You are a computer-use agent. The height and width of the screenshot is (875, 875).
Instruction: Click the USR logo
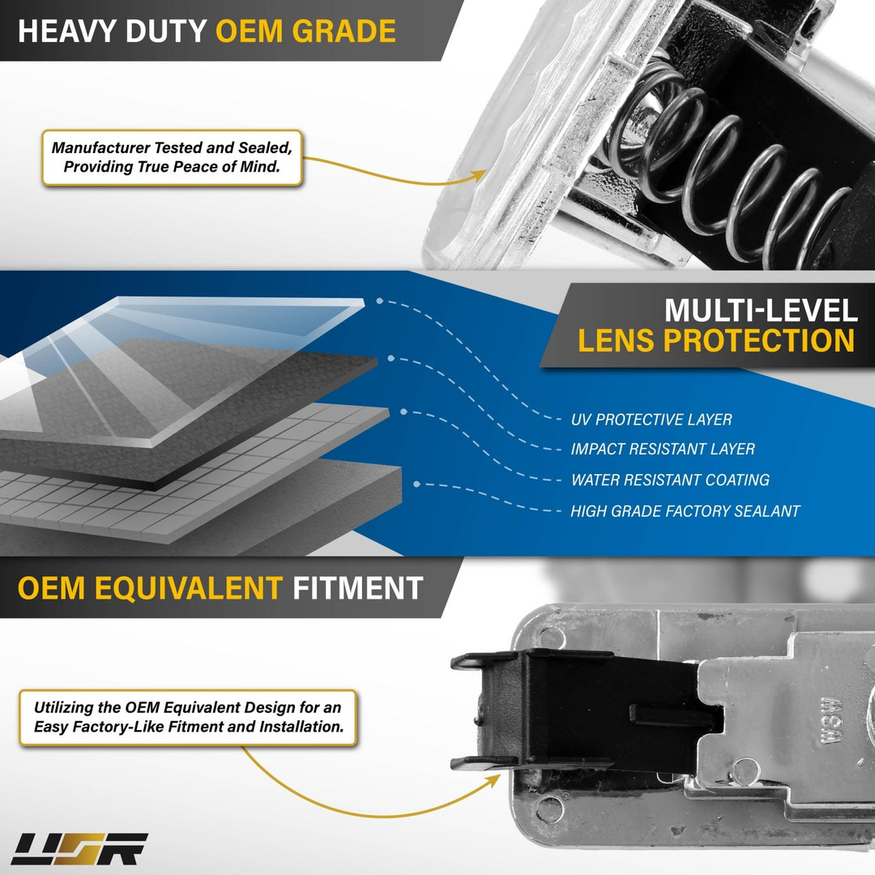click(79, 849)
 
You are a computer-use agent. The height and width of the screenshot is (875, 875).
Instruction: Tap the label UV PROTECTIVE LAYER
click(651, 420)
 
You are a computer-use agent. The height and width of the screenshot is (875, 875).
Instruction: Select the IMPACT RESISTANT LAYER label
click(663, 449)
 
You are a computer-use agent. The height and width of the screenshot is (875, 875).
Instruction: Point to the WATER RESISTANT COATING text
click(670, 480)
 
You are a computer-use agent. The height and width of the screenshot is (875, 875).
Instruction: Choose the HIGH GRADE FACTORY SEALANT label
click(685, 511)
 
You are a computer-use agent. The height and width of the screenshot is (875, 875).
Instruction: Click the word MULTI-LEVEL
click(761, 310)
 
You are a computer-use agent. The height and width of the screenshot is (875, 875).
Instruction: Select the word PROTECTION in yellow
click(758, 340)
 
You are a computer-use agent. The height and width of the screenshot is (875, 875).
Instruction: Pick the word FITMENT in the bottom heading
click(358, 588)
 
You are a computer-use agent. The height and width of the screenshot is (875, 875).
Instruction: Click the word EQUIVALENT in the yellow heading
click(189, 588)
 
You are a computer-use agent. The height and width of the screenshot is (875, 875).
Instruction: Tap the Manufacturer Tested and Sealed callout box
click(173, 157)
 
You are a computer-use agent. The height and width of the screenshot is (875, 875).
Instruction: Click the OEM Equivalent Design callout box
click(188, 718)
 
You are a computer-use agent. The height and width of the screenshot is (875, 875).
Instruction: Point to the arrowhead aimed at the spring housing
click(479, 175)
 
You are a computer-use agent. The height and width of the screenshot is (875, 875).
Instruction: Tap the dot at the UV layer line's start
click(379, 301)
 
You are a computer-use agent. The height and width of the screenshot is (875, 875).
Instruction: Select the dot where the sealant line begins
click(416, 484)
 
